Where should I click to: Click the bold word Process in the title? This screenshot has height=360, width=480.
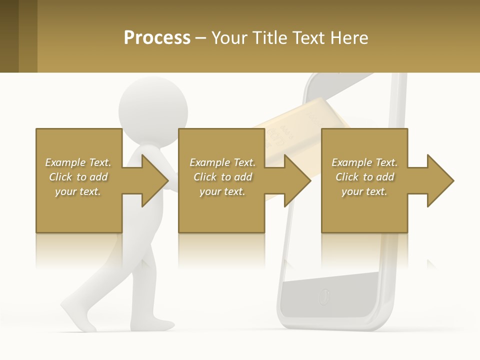pos(157,38)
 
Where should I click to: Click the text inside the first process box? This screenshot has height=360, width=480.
pos(78,177)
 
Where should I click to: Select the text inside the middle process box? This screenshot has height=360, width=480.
pos(222,177)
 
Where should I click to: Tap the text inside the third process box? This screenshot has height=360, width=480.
pos(364,177)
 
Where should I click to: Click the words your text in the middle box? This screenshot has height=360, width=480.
pos(222,191)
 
